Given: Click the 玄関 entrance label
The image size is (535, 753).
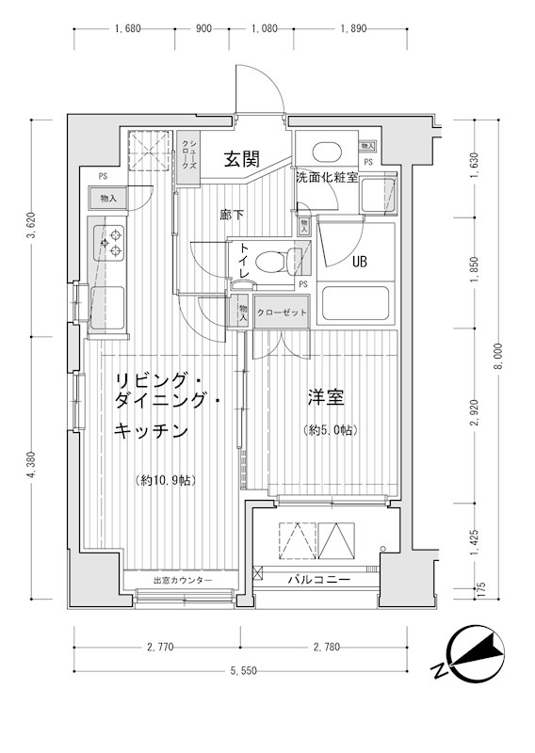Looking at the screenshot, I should coord(241,159).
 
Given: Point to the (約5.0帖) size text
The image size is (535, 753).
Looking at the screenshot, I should coord(329,430).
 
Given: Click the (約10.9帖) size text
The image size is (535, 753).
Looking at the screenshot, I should coord(166,481).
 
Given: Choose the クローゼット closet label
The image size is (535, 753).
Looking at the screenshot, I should coord(282,312).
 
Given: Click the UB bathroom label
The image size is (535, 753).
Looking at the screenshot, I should coord(360,263).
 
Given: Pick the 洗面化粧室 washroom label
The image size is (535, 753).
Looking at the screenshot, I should coord(326,177).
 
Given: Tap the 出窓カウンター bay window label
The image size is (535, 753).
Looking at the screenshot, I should coord(183,581).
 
